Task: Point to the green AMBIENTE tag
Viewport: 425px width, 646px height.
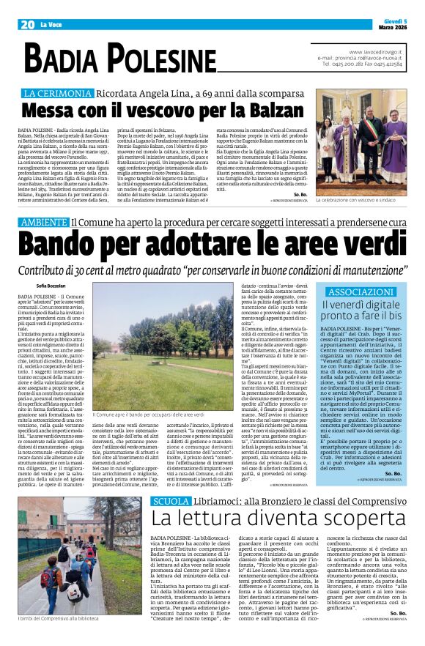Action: (x=45, y=222)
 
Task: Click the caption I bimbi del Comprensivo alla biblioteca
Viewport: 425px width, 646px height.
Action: (x=70, y=639)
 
